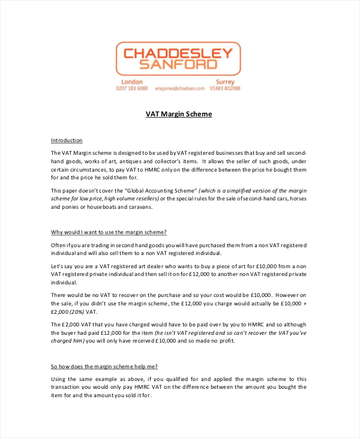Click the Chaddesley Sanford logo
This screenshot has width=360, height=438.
[178, 58]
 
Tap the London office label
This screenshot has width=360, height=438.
[132, 82]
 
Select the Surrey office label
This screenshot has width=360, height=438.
[225, 82]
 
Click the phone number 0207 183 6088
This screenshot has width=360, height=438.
[132, 89]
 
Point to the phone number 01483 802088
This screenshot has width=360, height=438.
[225, 89]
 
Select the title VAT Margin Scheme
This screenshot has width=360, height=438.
[179, 114]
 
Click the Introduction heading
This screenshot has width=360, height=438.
[67, 140]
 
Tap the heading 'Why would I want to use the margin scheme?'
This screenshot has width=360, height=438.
[109, 232]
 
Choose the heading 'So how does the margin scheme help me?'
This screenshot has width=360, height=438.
[104, 366]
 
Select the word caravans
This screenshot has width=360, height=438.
[140, 207]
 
